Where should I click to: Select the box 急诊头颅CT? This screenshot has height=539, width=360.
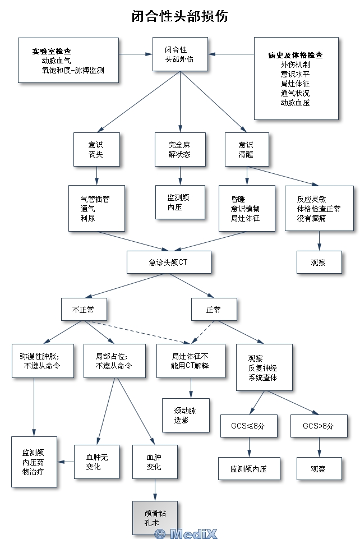tap(168, 262)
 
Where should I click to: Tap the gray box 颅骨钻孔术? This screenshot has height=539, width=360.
tap(155, 518)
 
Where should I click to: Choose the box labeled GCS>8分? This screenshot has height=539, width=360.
tap(319, 426)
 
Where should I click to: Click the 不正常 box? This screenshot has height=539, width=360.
tap(84, 310)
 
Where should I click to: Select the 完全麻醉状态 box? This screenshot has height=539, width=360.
tap(180, 149)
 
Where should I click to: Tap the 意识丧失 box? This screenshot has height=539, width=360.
tap(96, 149)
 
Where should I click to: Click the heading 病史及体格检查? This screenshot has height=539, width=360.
tap(296, 56)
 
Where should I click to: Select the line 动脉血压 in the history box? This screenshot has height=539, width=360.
tap(296, 103)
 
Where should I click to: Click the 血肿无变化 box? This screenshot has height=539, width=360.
tap(96, 462)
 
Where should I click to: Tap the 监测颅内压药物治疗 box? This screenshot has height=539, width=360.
tap(34, 462)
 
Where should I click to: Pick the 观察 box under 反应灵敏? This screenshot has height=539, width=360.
tap(319, 262)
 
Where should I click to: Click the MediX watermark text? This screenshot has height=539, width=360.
tap(186, 533)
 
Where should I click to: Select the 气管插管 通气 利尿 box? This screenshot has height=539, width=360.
tap(96, 208)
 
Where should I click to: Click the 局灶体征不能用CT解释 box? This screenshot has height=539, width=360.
tap(191, 360)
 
